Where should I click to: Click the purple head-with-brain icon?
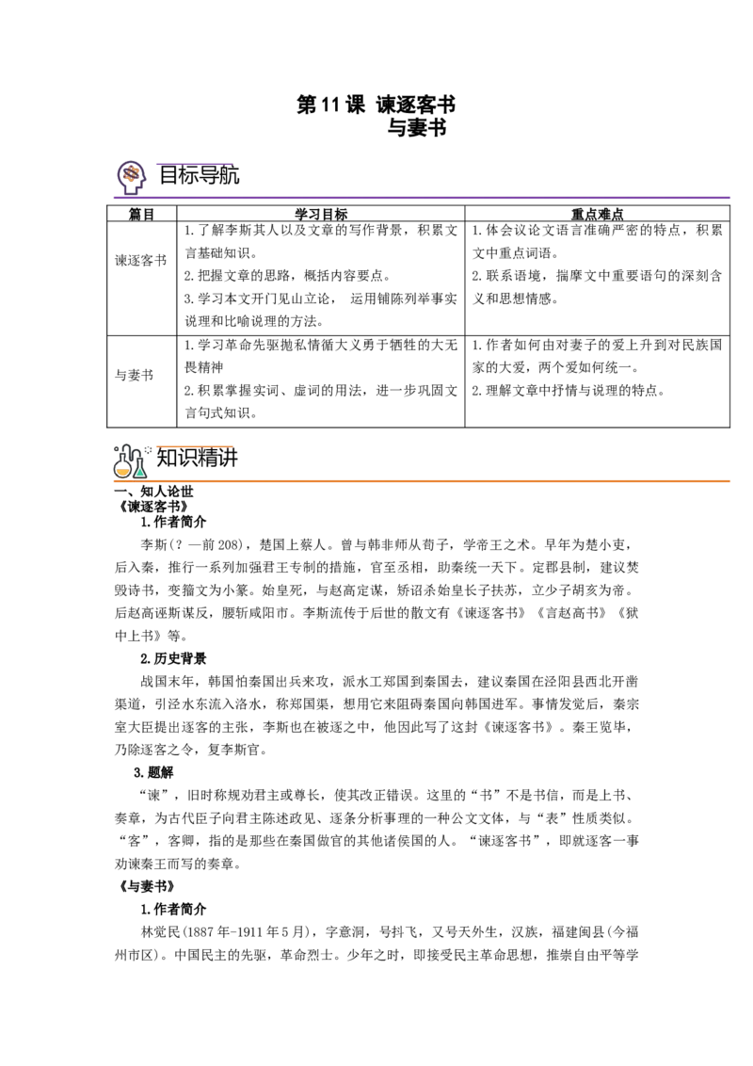tap(130, 175)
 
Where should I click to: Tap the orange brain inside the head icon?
tap(132, 172)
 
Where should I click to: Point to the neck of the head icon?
tap(131, 186)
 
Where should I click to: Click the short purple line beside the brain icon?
tap(192, 163)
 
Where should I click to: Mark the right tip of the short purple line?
tap(232, 163)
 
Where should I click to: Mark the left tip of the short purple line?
tap(152, 163)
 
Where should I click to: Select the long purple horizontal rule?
tap(424, 199)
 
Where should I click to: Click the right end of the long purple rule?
tap(736, 199)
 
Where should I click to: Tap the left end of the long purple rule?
tap(115, 199)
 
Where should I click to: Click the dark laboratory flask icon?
tap(131, 461)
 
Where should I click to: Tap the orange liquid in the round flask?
tap(122, 471)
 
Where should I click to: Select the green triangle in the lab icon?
tap(140, 472)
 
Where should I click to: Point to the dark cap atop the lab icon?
tap(128, 441)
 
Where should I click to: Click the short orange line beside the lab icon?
tap(192, 446)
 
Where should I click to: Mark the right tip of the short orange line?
tap(232, 446)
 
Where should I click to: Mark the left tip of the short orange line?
tap(152, 446)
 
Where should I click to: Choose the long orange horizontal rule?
tap(424, 481)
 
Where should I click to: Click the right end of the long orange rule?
tap(731, 481)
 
